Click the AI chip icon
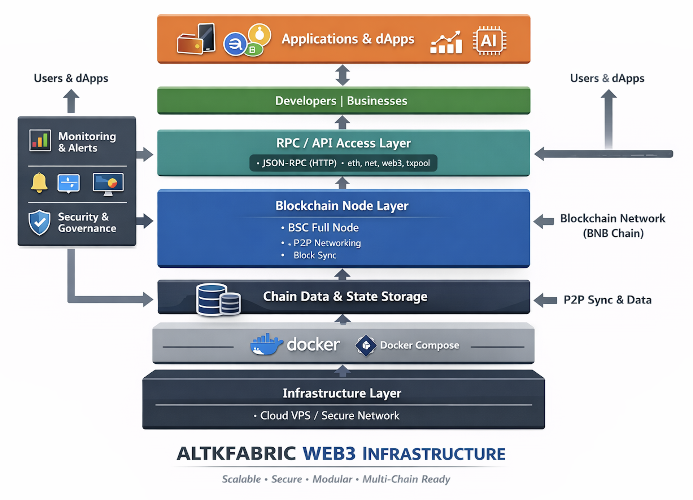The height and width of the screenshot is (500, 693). (x=489, y=41)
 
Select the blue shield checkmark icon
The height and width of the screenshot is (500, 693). (x=39, y=222)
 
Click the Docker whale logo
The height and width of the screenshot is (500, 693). (x=266, y=345)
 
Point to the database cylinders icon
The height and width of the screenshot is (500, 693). (x=218, y=299)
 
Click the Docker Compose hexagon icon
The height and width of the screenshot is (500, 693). (x=366, y=345)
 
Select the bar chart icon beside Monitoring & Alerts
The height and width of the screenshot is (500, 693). (x=40, y=140)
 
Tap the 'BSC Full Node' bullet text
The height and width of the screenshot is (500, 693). (x=323, y=228)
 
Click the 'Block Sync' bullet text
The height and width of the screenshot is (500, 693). (x=315, y=255)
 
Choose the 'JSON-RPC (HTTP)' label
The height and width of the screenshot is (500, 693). (x=299, y=163)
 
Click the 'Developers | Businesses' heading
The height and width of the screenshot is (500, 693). (x=341, y=101)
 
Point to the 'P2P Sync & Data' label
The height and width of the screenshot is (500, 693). (x=607, y=300)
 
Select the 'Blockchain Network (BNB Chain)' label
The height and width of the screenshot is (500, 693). (x=613, y=225)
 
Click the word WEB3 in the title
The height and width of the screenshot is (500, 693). (x=329, y=454)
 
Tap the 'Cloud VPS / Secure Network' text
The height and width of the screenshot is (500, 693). (x=330, y=416)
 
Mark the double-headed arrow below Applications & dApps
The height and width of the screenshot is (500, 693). (x=343, y=75)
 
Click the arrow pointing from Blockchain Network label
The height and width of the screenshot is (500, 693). (x=544, y=221)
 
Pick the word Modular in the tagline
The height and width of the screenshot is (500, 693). (x=332, y=479)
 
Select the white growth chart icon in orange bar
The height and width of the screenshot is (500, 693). (x=446, y=43)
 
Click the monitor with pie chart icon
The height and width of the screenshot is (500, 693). (x=108, y=183)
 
